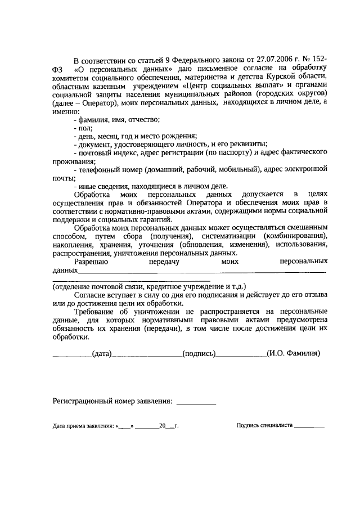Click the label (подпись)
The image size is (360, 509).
tap(199, 354)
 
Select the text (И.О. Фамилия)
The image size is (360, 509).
tap(294, 354)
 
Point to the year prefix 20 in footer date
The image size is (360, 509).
tap(162, 426)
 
